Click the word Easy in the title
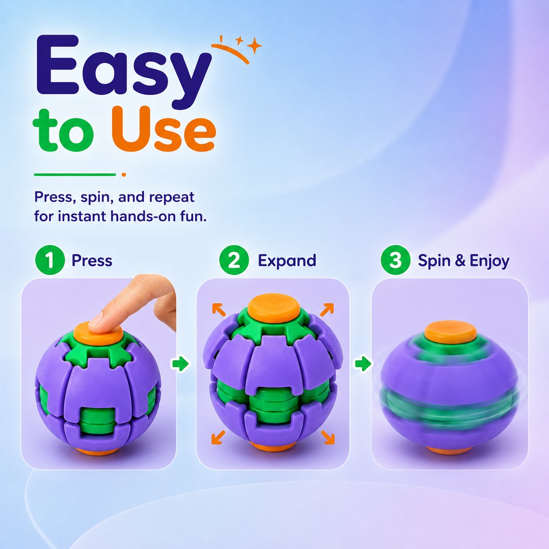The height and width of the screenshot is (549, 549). tap(124, 73)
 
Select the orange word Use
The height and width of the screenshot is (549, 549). tap(164, 129)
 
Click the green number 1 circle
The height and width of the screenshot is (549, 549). tap(49, 260)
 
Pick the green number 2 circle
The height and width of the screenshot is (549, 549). tap(234, 260)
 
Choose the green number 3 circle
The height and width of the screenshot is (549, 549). tap(395, 260)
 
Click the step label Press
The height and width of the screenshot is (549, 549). tap(92, 260)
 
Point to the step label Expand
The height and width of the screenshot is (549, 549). tap(287, 261)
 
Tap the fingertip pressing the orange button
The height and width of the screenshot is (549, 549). tap(96, 321)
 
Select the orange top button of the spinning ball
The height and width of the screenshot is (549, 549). tap(450, 332)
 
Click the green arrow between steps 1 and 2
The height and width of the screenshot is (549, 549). tap(180, 364)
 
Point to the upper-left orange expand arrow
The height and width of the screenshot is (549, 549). tap(219, 310)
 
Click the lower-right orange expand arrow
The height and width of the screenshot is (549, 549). tap(328, 437)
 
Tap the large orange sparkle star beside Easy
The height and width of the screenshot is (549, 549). tap(254, 45)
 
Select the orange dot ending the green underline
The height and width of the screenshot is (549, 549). tap(123, 175)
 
